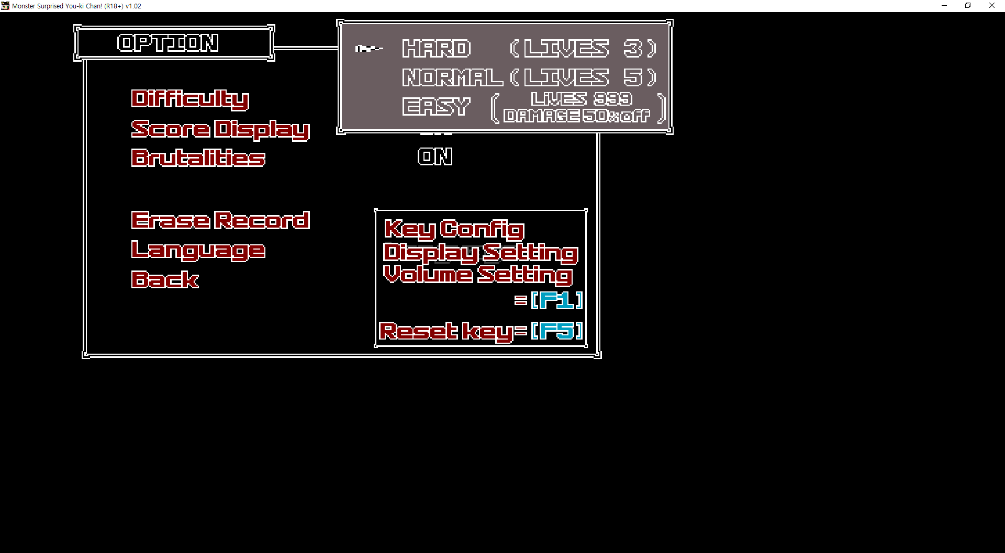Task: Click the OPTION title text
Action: (x=168, y=43)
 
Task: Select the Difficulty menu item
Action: (x=190, y=99)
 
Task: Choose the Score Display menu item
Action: (x=220, y=129)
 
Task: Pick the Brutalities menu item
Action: (x=198, y=158)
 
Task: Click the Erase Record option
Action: (x=220, y=220)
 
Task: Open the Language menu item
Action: (x=198, y=250)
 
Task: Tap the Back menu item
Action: (x=165, y=280)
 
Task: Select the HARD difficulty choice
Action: (x=437, y=49)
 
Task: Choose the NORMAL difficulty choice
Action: (x=452, y=77)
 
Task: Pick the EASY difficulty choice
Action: (x=437, y=107)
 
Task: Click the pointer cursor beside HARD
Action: (x=368, y=49)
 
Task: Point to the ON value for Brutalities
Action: (x=435, y=156)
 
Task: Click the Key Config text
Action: (x=454, y=229)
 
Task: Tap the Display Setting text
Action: (x=481, y=252)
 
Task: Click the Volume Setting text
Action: (x=477, y=274)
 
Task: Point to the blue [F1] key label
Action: (x=556, y=300)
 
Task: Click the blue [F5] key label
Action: (x=556, y=331)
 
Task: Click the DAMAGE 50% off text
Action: (x=577, y=116)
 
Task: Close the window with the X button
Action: (x=991, y=6)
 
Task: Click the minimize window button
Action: (x=944, y=6)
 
